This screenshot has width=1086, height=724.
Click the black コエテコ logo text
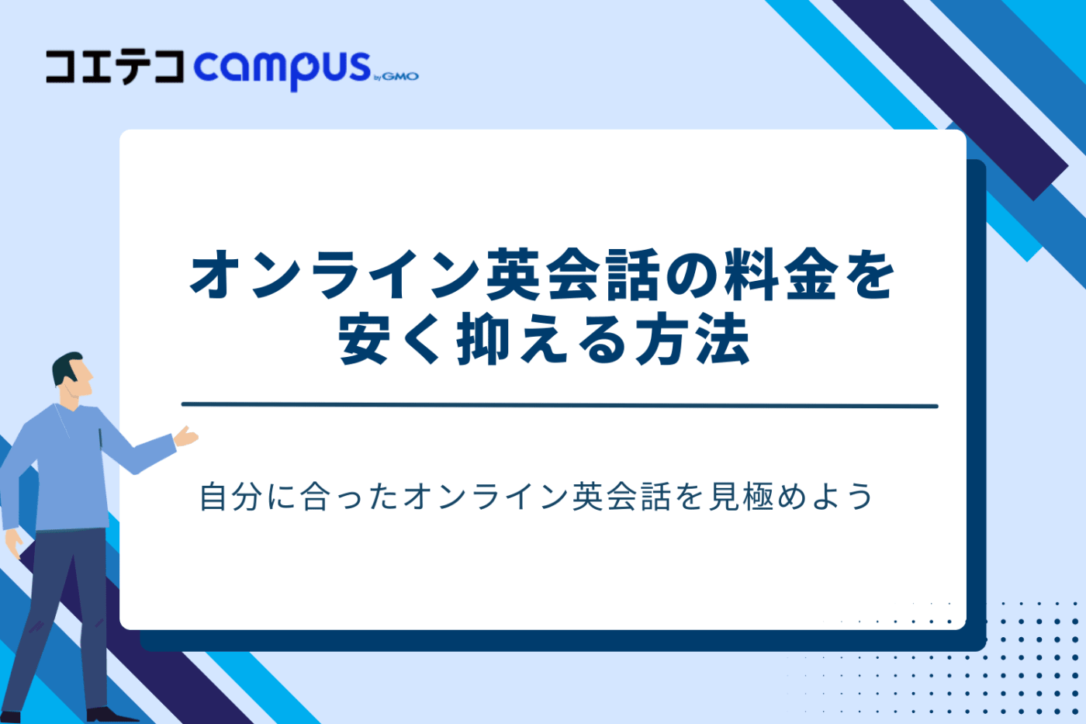(x=115, y=67)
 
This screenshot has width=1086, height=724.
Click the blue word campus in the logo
(x=282, y=68)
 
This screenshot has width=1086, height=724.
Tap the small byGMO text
(x=396, y=76)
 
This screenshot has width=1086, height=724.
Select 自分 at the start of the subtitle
(x=230, y=497)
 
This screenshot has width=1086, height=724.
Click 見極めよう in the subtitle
(x=790, y=497)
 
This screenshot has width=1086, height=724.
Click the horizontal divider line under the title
(x=559, y=405)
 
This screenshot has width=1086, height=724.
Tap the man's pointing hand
(x=186, y=437)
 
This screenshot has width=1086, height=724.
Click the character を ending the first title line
(x=870, y=275)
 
